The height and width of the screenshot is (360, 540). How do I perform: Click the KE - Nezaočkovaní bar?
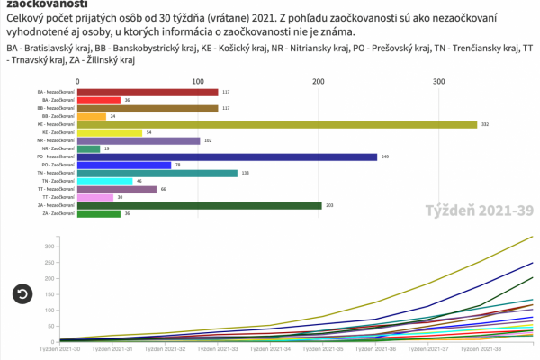click(x=277, y=124)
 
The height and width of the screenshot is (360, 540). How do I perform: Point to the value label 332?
click(x=485, y=124)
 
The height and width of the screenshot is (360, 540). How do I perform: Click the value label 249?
click(x=385, y=157)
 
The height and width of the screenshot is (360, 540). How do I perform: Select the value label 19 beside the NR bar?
click(x=107, y=148)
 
